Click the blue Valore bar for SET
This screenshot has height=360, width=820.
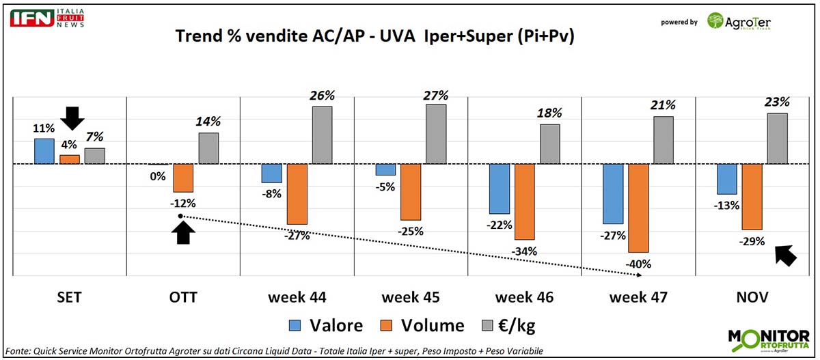point(44,151)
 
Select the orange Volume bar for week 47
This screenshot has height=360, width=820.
point(638,208)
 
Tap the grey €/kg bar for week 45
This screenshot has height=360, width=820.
point(435,134)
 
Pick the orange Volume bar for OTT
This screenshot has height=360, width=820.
point(183,178)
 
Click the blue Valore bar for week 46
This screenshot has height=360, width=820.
point(500,189)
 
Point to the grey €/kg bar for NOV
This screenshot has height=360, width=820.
point(777,139)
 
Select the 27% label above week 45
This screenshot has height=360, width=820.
point(435,95)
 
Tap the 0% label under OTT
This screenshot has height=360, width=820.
point(158,176)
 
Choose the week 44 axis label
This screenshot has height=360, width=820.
point(297,298)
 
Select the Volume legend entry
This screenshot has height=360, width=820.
point(425,326)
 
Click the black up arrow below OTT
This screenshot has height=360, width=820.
point(182,233)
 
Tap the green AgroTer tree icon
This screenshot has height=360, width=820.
point(716,20)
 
